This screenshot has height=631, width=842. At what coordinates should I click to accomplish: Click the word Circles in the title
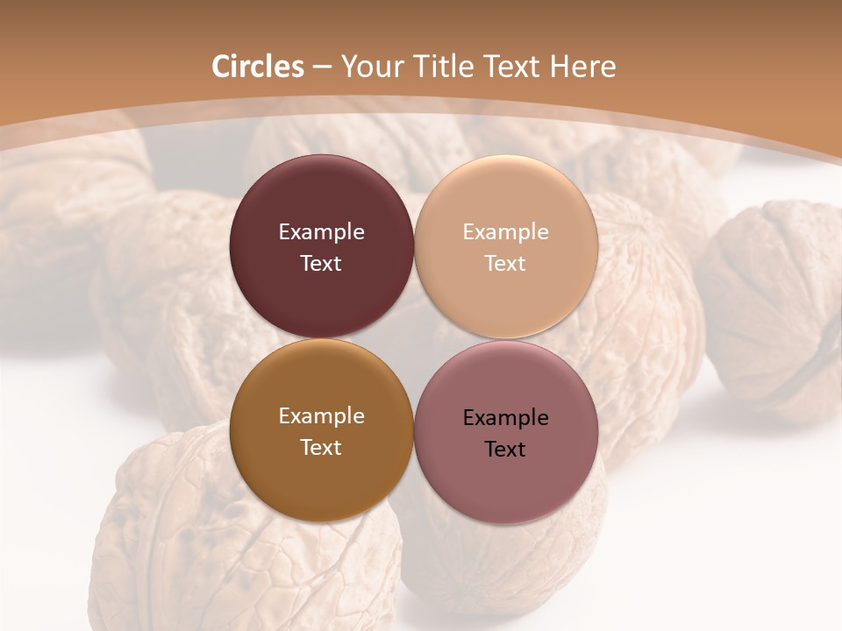[257, 67]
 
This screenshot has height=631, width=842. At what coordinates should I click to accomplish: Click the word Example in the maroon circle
[321, 232]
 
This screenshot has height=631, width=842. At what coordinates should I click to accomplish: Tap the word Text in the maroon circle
[321, 263]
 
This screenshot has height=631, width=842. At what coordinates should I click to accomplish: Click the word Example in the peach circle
[506, 232]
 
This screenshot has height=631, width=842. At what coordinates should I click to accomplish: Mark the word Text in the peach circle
[506, 263]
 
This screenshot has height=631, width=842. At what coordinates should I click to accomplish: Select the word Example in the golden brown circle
[321, 416]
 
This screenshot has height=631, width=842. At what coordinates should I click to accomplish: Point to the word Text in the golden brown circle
[321, 447]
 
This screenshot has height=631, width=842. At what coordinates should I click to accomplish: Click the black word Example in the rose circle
[506, 418]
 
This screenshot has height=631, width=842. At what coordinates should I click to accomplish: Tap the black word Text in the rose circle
[506, 449]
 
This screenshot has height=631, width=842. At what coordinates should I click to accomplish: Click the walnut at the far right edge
[776, 298]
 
